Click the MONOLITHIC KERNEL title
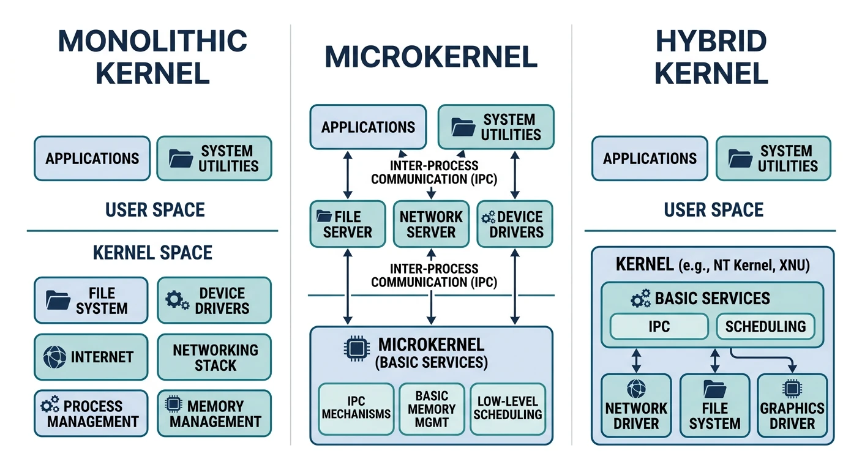click(152, 56)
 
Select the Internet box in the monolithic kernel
click(91, 357)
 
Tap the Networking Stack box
click(214, 357)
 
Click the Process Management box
click(91, 414)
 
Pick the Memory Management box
click(214, 414)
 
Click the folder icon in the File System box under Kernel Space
click(58, 300)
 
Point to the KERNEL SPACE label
click(152, 253)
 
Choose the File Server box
click(348, 224)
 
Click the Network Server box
click(431, 224)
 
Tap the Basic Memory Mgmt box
click(431, 409)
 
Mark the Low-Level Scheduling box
click(508, 408)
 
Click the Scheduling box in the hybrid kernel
click(765, 326)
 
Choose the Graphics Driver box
click(792, 408)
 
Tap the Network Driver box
click(636, 408)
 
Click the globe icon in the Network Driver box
click(636, 389)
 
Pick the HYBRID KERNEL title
click(711, 58)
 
